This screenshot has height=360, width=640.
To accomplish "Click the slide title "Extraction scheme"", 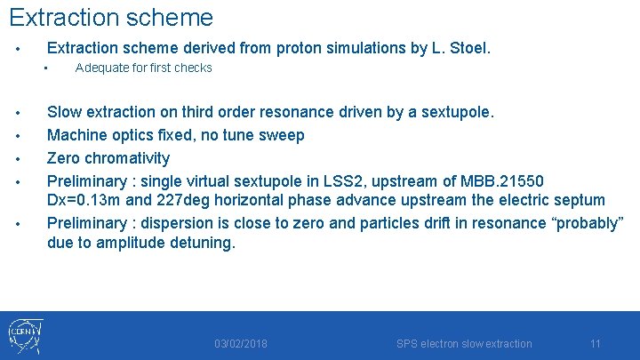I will (111, 17).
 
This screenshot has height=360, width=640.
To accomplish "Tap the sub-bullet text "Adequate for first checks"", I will (143, 68).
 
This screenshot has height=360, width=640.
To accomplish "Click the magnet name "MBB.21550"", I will (514, 180).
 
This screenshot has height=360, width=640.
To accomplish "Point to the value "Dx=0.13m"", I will (81, 201).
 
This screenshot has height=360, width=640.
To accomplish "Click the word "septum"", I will (580, 201).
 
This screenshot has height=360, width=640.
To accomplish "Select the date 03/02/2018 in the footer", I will (240, 344).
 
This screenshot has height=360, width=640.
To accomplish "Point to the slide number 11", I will (595, 344).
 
